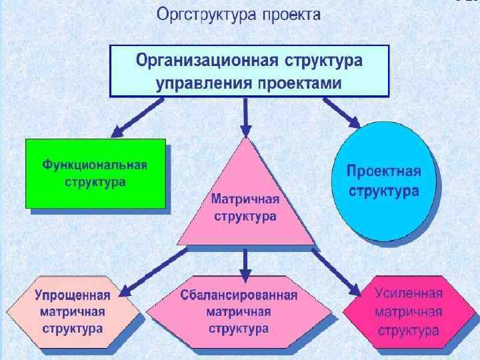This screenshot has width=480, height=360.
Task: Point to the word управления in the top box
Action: point(200,83)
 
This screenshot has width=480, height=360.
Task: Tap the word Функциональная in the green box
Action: point(95,165)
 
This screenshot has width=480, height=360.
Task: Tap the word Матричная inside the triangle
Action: point(245,199)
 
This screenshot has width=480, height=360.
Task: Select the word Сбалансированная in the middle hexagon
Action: point(239,294)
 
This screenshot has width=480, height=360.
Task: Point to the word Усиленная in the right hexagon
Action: point(408,294)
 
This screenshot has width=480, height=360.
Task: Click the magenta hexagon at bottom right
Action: point(407,311)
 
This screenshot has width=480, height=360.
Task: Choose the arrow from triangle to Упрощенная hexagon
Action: point(150,270)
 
